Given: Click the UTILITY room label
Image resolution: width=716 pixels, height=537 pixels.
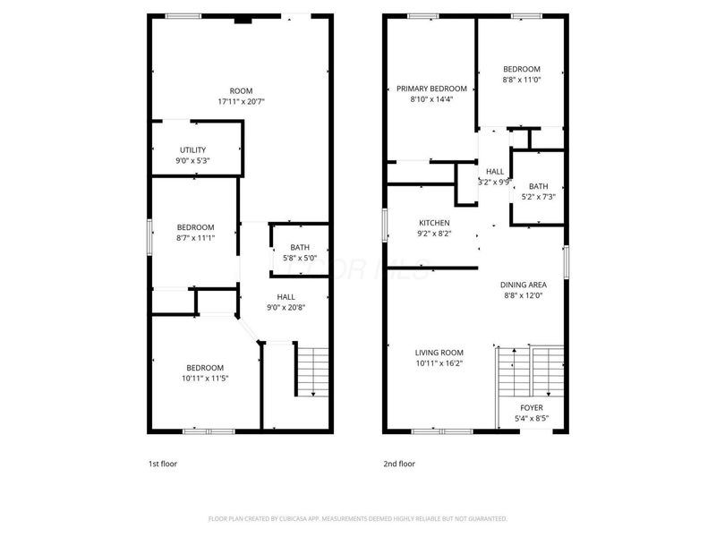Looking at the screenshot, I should [x=193, y=149].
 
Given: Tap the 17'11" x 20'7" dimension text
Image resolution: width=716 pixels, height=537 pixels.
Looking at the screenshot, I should [x=241, y=101].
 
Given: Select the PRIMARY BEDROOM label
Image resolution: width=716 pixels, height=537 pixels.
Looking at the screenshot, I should [x=431, y=89].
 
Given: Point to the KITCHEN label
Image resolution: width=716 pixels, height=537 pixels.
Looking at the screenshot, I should [x=434, y=223].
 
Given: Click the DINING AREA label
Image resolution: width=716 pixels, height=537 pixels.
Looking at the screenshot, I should [x=523, y=285].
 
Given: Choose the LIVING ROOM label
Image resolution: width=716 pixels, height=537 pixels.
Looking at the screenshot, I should [x=439, y=352].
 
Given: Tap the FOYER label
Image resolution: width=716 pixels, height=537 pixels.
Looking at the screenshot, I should [x=532, y=407].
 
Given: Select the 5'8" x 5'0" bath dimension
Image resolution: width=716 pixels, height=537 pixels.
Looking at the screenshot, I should [x=300, y=259].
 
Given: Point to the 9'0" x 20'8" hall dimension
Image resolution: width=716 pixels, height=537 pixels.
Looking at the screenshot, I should [x=286, y=307].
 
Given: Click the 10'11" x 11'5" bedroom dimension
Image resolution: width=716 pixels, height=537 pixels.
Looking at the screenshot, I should [x=205, y=378].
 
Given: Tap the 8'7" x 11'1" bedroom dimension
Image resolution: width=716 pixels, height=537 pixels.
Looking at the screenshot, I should [x=194, y=237].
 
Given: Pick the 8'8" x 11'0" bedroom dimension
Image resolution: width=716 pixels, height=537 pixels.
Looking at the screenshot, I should [x=521, y=80].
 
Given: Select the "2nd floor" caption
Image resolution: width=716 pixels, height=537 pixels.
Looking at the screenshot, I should [x=399, y=465].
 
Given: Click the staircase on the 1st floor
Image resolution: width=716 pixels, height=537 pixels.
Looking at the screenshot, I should [x=312, y=371].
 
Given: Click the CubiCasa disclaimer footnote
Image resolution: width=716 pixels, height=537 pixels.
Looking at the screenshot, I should [x=357, y=518].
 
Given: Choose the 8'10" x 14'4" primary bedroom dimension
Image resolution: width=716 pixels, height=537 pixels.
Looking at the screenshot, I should [x=431, y=98].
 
